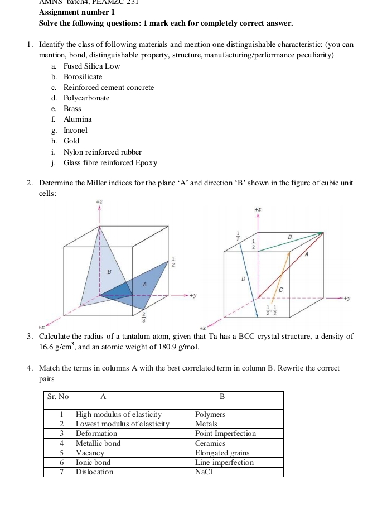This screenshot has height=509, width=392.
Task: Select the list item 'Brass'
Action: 72,109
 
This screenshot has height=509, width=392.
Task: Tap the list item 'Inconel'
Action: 75,130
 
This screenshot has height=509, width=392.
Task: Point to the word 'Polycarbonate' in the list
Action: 86,98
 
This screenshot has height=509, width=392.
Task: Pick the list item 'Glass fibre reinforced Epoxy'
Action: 110,163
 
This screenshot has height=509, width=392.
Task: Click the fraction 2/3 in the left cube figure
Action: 145,318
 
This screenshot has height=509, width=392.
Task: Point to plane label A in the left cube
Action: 145,284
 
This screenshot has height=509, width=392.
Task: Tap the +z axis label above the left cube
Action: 99,200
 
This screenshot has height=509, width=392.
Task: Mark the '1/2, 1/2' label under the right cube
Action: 272,310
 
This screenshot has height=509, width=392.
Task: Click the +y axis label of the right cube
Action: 349,299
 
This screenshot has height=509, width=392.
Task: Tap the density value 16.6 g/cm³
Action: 58,347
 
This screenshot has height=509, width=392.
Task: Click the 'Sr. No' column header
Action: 58,397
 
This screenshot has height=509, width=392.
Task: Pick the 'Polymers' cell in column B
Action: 210,415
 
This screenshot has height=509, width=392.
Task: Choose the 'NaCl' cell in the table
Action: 204,472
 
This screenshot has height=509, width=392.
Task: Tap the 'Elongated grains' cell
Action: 222,453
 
